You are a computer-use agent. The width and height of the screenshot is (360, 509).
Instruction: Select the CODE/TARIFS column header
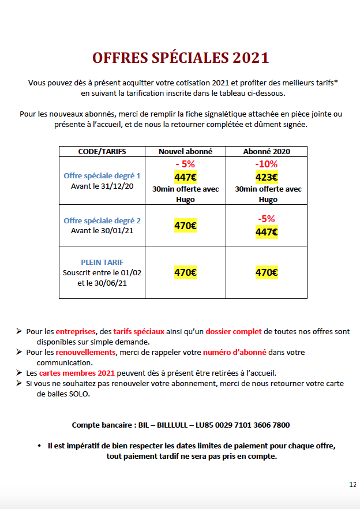pos(102,151)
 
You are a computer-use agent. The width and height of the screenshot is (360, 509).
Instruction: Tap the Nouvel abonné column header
pos(185,151)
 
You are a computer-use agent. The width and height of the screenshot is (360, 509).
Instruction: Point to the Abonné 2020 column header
pos(267,151)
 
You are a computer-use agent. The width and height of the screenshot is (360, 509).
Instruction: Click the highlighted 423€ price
pos(267,178)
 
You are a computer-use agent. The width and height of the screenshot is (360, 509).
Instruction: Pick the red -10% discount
pos(267,164)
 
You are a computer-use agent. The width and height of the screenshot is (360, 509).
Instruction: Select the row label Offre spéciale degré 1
pos(102,175)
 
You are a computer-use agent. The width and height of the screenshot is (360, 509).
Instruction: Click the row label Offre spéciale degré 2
pos(102,220)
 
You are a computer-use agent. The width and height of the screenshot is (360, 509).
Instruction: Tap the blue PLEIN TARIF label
pos(102,262)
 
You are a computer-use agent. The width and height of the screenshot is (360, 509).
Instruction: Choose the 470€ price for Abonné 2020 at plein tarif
pos(267,272)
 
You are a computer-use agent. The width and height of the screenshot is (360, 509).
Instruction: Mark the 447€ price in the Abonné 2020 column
pos(267,232)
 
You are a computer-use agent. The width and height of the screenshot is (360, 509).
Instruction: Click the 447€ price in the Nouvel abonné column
pos(185,178)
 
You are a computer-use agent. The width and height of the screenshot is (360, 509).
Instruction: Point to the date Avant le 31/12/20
pos(102,186)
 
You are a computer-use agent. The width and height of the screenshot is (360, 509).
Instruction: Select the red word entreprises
pos(75,331)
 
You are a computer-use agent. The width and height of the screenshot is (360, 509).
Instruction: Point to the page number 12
pos(352,484)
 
